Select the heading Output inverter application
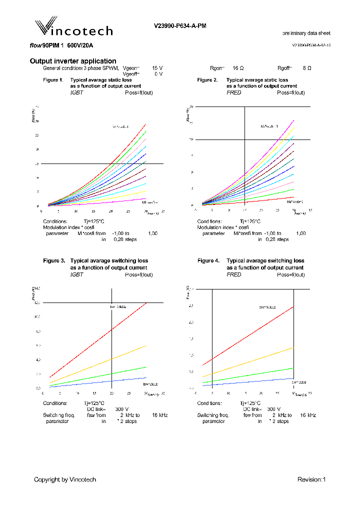73,61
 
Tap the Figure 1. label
53,80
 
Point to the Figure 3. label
54,261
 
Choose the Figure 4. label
208,261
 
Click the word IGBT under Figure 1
76,92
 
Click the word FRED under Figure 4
233,274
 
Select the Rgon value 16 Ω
238,67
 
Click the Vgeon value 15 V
157,67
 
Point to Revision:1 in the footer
311,479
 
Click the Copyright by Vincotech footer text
65,479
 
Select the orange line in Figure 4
250,361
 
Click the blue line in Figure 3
100,382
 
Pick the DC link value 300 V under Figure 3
122,409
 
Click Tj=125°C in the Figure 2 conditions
250,221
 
